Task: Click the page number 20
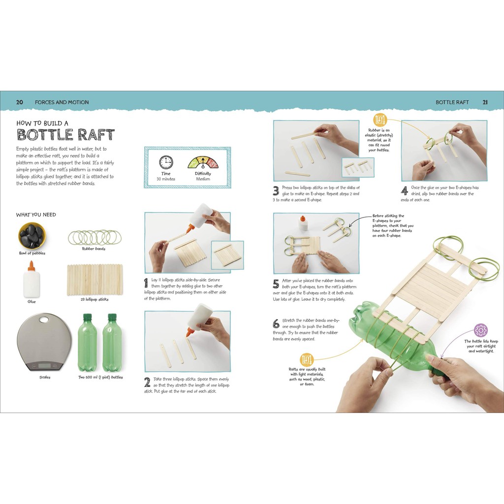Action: pyautogui.click(x=20, y=102)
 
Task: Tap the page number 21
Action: pyautogui.click(x=485, y=102)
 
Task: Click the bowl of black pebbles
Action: pyautogui.click(x=32, y=235)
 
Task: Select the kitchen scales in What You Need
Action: pyautogui.click(x=44, y=342)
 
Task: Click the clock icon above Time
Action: pyautogui.click(x=166, y=162)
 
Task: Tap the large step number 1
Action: pyautogui.click(x=146, y=283)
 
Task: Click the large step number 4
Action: pyautogui.click(x=405, y=191)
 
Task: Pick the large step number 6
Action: pyautogui.click(x=276, y=323)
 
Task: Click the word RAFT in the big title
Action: pyautogui.click(x=96, y=135)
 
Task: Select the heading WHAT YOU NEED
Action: pyautogui.click(x=36, y=215)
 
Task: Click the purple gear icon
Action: pyautogui.click(x=480, y=330)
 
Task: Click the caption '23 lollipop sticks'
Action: pyautogui.click(x=94, y=299)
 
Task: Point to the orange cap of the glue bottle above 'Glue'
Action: pyautogui.click(x=31, y=266)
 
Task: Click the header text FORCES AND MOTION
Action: pyautogui.click(x=62, y=102)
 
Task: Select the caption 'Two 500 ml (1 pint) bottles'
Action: pyautogui.click(x=100, y=377)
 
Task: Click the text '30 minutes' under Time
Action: pyautogui.click(x=166, y=179)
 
